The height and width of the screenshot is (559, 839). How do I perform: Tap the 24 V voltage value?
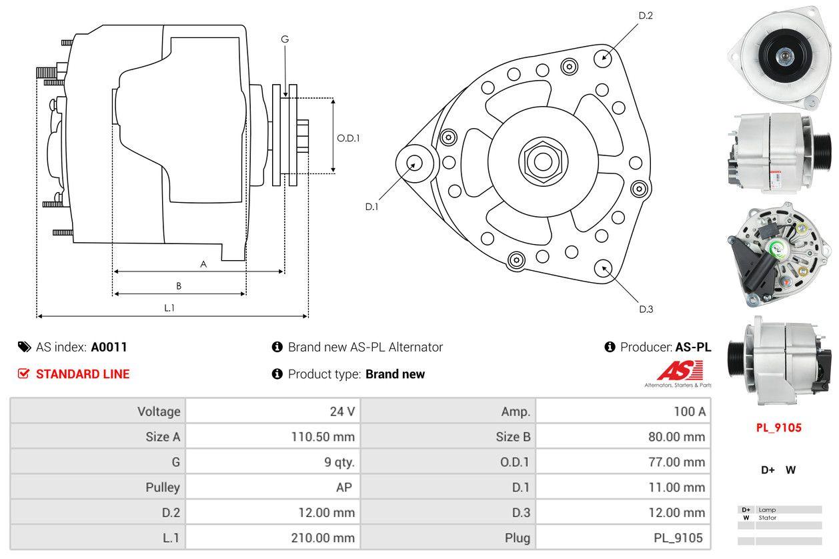tap(342, 412)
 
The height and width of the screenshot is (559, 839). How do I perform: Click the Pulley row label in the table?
tap(163, 488)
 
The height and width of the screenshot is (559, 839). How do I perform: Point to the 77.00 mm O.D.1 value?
tap(676, 462)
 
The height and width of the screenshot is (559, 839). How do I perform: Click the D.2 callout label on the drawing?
tap(645, 15)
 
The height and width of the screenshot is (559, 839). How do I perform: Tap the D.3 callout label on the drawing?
tap(646, 309)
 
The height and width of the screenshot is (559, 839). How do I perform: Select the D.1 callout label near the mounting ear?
tap(371, 207)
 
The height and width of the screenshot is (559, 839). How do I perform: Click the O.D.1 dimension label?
tap(348, 138)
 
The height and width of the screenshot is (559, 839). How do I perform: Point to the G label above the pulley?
tap(285, 39)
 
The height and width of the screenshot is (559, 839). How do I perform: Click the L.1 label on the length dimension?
tap(169, 308)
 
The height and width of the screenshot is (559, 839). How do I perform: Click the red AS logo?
tap(680, 370)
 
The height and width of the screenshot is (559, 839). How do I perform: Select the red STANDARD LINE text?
tap(82, 374)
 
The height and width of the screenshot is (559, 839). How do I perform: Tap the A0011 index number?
tap(109, 347)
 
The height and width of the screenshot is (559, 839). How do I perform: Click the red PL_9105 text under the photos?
tap(778, 428)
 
